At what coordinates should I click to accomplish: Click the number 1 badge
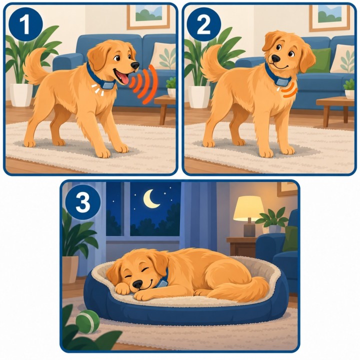point(25,24)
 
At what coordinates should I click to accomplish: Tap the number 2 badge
point(203,24)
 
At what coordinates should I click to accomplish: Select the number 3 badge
point(83,202)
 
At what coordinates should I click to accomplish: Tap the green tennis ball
point(87,321)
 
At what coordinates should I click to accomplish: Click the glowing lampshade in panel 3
point(248,208)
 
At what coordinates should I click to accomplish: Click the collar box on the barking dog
point(108,85)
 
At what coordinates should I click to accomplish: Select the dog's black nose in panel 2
point(275,58)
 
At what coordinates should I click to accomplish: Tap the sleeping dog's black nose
point(138,284)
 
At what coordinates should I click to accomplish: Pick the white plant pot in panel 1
point(21,95)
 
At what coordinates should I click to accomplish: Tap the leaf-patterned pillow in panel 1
point(162,56)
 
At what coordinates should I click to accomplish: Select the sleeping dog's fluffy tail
point(243,288)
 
